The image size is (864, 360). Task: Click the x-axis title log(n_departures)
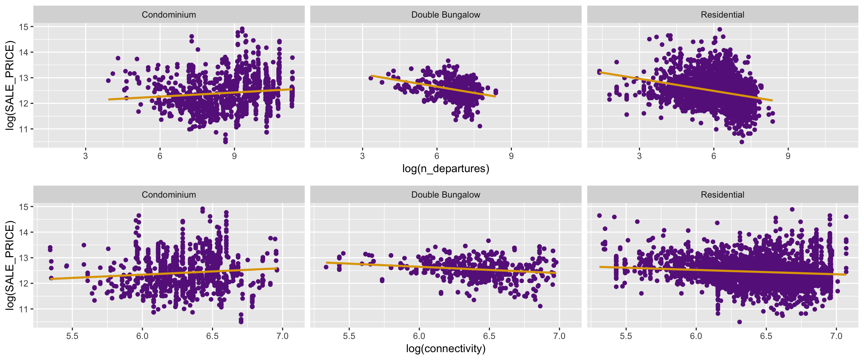pyautogui.click(x=445, y=169)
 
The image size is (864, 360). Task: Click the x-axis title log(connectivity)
pyautogui.click(x=445, y=349)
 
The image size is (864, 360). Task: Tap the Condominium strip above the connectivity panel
pyautogui.click(x=169, y=195)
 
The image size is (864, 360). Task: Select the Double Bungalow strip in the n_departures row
pyautogui.click(x=445, y=15)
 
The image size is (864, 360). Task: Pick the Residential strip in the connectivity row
pyautogui.click(x=722, y=195)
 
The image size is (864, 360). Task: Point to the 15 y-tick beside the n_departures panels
pyautogui.click(x=24, y=27)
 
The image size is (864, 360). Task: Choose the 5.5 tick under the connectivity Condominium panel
pyautogui.click(x=72, y=336)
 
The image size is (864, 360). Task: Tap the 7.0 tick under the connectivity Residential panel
pyautogui.click(x=836, y=336)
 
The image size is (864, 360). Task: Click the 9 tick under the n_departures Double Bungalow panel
pyautogui.click(x=511, y=156)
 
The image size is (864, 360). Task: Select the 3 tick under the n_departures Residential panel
pyautogui.click(x=639, y=156)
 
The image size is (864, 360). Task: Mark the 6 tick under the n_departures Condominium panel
pyautogui.click(x=160, y=156)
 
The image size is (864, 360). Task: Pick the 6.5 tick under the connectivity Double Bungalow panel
pyautogui.click(x=489, y=336)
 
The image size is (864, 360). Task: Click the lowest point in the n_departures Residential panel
pyautogui.click(x=742, y=142)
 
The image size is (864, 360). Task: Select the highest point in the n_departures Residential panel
pyautogui.click(x=720, y=29)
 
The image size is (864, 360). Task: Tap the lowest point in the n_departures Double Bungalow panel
pyautogui.click(x=480, y=126)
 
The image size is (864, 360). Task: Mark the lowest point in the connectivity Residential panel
pyautogui.click(x=739, y=322)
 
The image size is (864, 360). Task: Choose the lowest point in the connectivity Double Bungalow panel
pyautogui.click(x=540, y=306)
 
